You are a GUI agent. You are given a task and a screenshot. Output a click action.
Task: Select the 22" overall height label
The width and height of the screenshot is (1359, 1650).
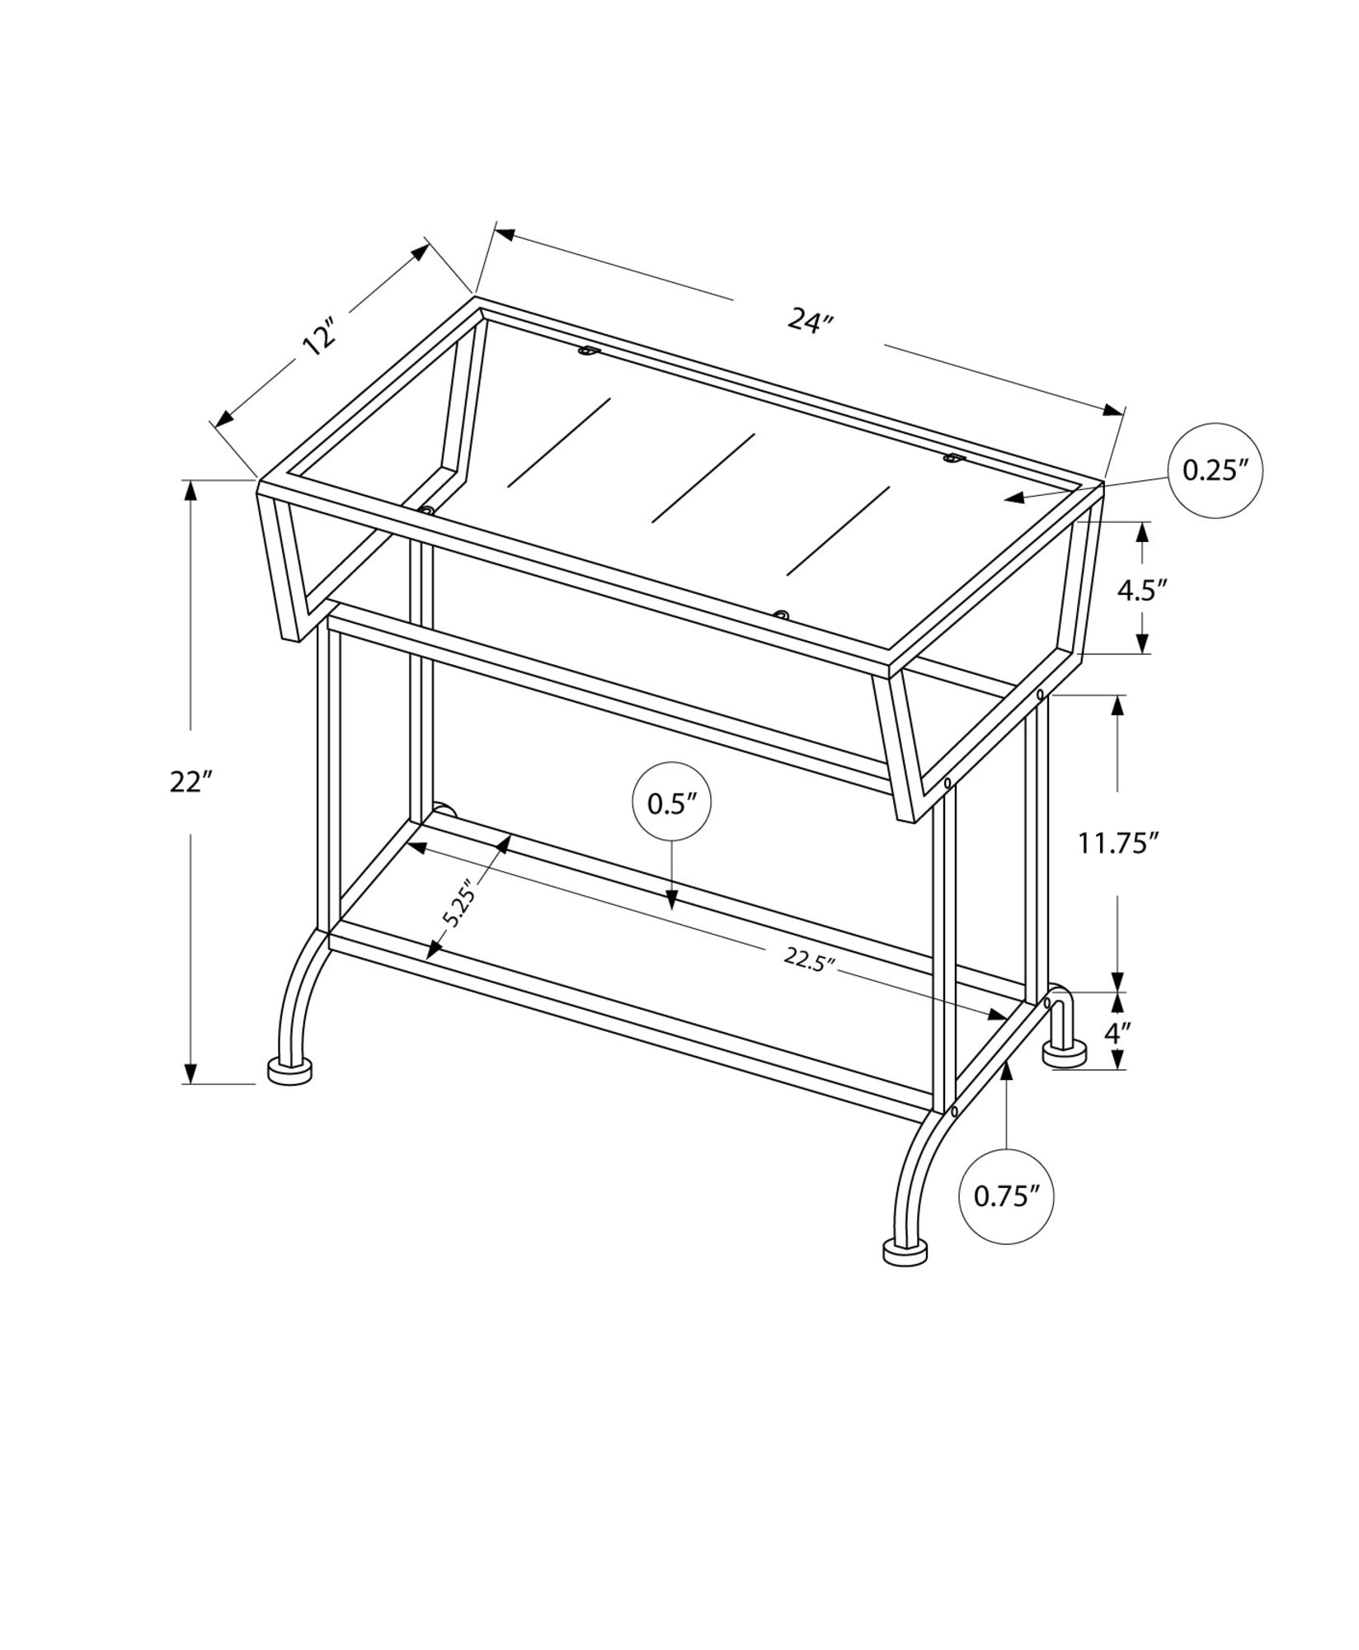(191, 781)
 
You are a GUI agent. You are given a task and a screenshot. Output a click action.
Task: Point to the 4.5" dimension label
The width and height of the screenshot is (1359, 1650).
(1142, 590)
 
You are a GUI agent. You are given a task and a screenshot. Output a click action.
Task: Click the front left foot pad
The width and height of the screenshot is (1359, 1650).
(289, 1072)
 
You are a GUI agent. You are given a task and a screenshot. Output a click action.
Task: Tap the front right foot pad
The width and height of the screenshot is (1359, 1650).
(905, 1274)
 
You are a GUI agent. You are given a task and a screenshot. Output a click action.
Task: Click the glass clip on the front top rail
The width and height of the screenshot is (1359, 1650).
(780, 615)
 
